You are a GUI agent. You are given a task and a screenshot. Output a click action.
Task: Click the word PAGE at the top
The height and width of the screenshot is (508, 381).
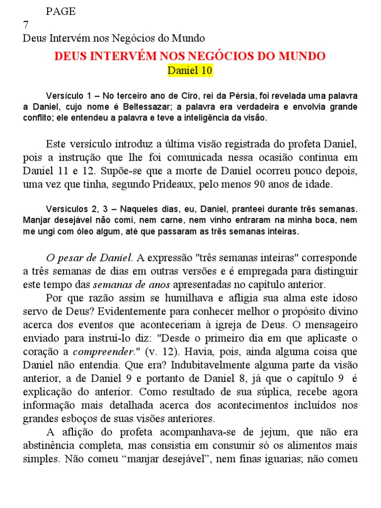(61, 12)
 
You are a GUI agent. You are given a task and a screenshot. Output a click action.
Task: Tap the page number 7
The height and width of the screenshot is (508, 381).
(26, 25)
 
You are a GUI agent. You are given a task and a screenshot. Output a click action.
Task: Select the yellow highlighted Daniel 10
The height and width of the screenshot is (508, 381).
(190, 70)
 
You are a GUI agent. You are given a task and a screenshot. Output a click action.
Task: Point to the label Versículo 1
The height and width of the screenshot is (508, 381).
(67, 95)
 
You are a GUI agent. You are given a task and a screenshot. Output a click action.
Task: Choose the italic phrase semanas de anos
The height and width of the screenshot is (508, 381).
(132, 285)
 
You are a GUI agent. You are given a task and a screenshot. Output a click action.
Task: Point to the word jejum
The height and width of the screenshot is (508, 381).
(267, 433)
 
